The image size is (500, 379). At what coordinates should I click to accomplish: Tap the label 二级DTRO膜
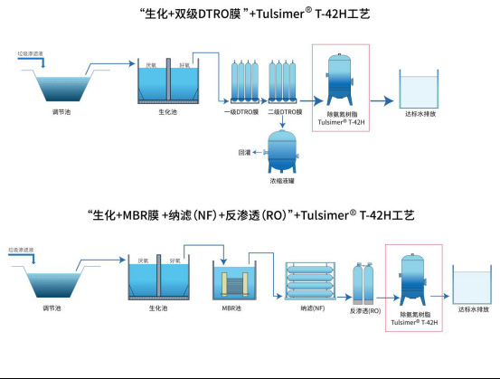point(286,112)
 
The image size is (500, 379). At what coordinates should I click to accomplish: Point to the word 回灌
point(243,153)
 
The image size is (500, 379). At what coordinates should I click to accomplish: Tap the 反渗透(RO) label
point(364,310)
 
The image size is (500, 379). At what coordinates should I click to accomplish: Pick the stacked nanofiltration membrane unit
point(311,281)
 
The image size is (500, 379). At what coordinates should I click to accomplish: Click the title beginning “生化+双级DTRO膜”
point(250,14)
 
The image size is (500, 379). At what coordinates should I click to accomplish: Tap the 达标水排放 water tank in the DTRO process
point(418,90)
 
